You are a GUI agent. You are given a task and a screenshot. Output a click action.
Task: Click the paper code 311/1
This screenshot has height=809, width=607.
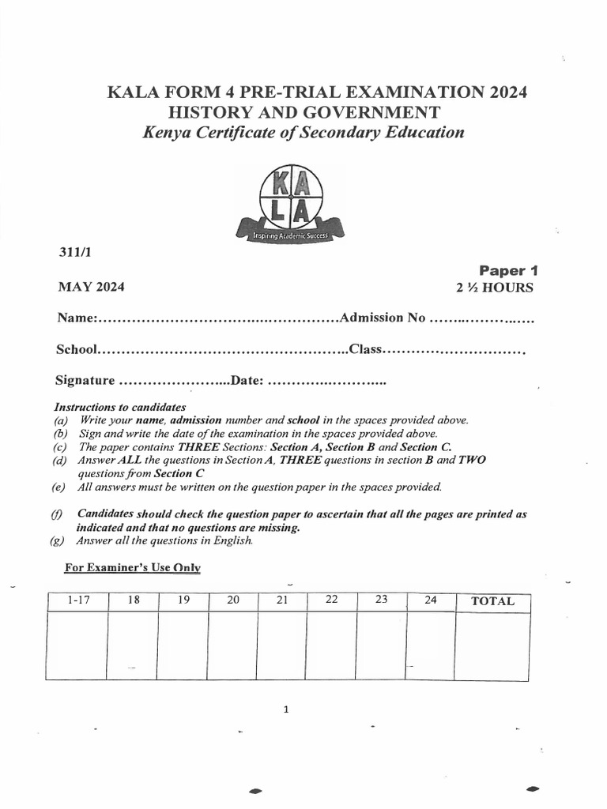(73, 252)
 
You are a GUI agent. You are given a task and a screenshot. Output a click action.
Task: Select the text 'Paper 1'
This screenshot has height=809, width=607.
(507, 270)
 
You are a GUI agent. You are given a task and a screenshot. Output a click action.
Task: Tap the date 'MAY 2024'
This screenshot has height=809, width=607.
(91, 287)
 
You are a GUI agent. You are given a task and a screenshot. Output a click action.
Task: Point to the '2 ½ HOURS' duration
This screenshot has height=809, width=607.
(494, 288)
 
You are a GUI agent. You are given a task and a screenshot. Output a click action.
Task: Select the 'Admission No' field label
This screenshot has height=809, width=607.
(383, 318)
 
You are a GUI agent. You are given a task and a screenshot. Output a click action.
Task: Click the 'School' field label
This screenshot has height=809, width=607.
(76, 349)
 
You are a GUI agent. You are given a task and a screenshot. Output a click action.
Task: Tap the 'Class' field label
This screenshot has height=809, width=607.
(365, 349)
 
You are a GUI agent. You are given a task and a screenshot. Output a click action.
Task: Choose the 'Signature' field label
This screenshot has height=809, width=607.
(85, 381)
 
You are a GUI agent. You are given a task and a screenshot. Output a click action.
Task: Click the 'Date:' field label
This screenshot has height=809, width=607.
(247, 381)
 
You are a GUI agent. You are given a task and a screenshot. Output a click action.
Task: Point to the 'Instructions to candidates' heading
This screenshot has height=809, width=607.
(119, 407)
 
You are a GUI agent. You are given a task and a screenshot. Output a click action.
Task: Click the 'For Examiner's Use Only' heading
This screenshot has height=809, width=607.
(132, 567)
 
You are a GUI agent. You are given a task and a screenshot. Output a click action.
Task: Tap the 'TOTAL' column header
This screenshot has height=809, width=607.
(492, 601)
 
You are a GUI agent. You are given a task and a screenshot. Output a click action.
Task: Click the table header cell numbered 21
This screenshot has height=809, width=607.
(281, 600)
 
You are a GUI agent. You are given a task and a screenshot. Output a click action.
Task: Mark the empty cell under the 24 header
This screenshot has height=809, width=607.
(430, 645)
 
